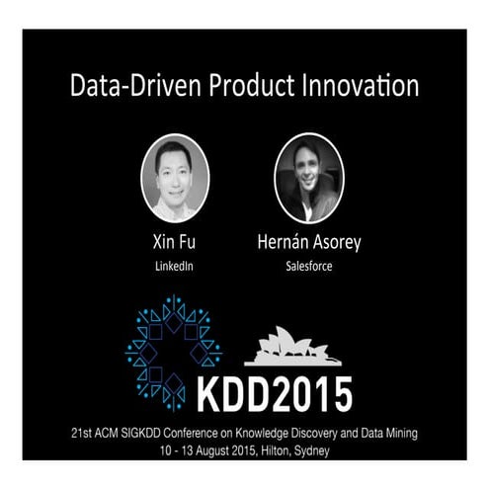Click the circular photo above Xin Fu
coord(175,178)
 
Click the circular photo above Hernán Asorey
coord(308,178)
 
